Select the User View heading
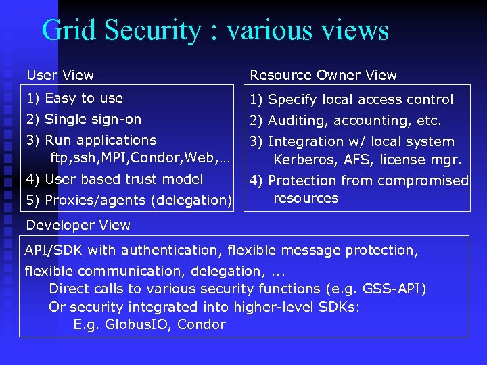point(60,75)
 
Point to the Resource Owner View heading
point(323,75)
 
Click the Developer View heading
point(78,225)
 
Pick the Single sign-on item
point(93,119)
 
